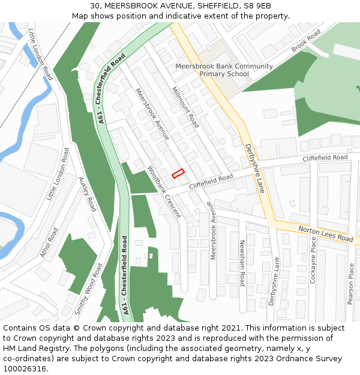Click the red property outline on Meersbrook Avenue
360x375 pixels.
(x=178, y=174)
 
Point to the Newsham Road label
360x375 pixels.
(x=242, y=262)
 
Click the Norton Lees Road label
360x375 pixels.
(x=326, y=233)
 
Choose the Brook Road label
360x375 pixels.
(x=306, y=43)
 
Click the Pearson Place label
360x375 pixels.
(x=351, y=283)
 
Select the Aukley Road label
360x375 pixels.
(x=87, y=194)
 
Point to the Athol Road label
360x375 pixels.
(x=49, y=242)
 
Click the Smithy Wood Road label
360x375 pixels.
(x=88, y=289)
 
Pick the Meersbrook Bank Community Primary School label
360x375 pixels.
(x=224, y=70)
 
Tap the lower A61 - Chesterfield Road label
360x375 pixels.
(x=125, y=275)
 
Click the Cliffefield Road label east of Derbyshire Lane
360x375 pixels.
(x=325, y=158)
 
